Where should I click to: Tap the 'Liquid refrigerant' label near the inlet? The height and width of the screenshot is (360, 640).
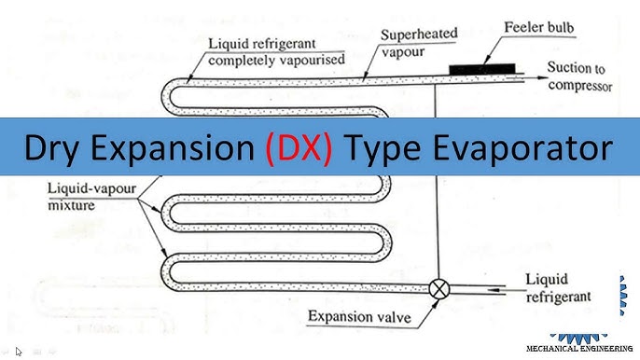[x=559, y=287]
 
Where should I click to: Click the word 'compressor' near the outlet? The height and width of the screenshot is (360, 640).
[x=578, y=86]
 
